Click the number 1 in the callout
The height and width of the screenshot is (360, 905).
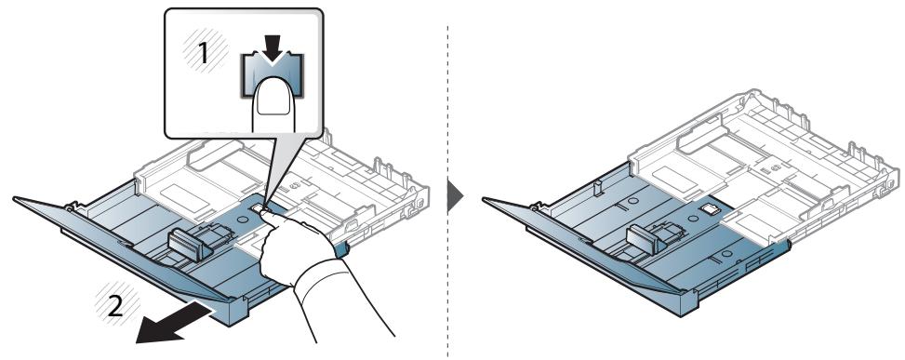[203, 54]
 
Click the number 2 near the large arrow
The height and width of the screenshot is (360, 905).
[116, 306]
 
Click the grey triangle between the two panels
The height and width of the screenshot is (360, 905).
[455, 197]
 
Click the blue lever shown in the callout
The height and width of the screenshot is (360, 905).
[271, 75]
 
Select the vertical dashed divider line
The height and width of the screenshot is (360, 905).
[448, 191]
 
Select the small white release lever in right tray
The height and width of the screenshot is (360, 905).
[708, 207]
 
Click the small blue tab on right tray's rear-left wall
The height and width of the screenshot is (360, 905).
[597, 188]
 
